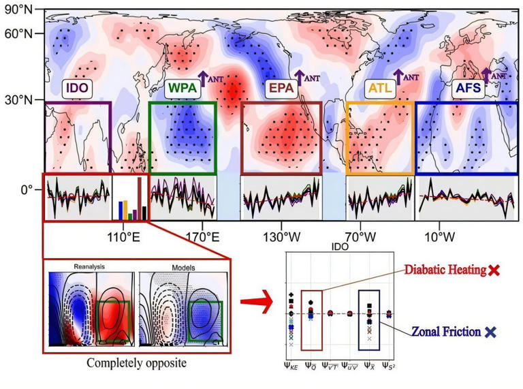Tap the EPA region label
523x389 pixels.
pyautogui.click(x=279, y=88)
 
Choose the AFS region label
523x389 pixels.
pyautogui.click(x=469, y=88)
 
